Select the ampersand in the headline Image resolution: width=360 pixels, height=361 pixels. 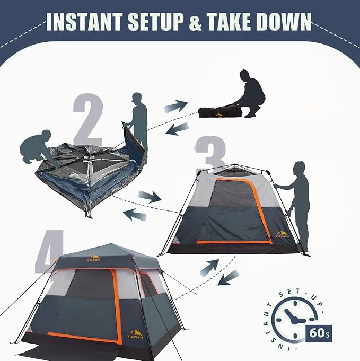[x=195, y=22]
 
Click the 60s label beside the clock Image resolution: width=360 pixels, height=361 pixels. [x=319, y=333]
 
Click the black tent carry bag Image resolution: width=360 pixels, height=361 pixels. [x=220, y=112]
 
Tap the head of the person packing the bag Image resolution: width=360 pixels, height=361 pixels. [x=245, y=74]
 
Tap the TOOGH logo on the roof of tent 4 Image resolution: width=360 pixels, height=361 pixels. [x=94, y=258]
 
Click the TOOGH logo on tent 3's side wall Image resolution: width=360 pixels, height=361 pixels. [x=282, y=234]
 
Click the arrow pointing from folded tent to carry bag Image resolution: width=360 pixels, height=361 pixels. [x=175, y=106]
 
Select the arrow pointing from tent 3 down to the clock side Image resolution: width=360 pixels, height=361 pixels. [x=228, y=277]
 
